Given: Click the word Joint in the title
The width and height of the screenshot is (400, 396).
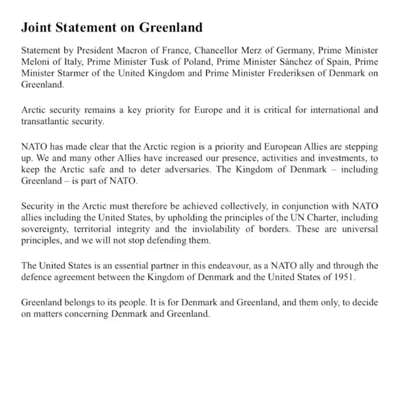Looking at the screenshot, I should [36, 27].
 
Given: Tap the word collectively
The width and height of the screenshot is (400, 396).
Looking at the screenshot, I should [247, 206].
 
